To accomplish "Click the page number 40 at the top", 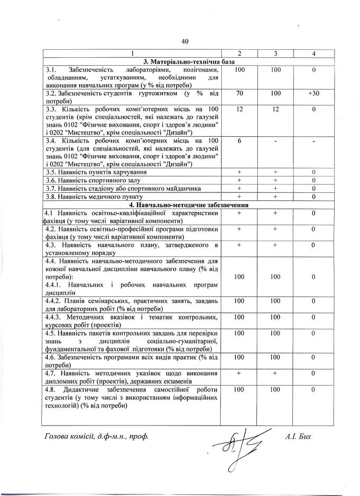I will tap(185, 41).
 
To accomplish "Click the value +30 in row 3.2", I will tap(313, 93).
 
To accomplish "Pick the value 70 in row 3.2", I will tap(239, 93).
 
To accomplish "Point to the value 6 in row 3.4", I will tap(239, 141).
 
